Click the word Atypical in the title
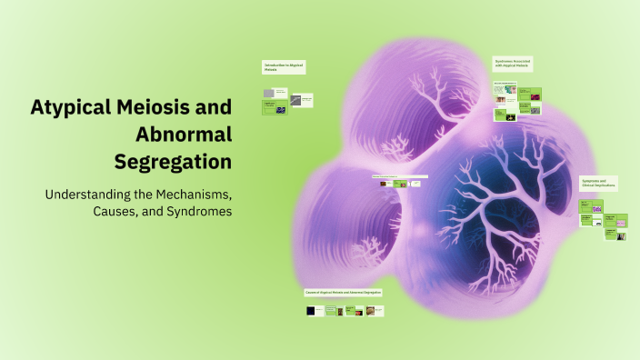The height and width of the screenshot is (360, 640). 70,107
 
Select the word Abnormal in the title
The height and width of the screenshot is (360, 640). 184,135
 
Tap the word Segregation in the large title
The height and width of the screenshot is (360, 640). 173,162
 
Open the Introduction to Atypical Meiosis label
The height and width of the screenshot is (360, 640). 283,67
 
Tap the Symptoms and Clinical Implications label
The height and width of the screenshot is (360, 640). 598,183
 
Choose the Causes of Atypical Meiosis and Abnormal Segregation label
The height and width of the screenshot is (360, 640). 345,293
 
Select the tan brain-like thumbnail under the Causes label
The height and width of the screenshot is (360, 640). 358,312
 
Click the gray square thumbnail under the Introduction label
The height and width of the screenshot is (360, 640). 268,93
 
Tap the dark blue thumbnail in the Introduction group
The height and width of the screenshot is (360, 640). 282,108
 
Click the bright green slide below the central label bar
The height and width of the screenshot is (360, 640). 411,184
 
